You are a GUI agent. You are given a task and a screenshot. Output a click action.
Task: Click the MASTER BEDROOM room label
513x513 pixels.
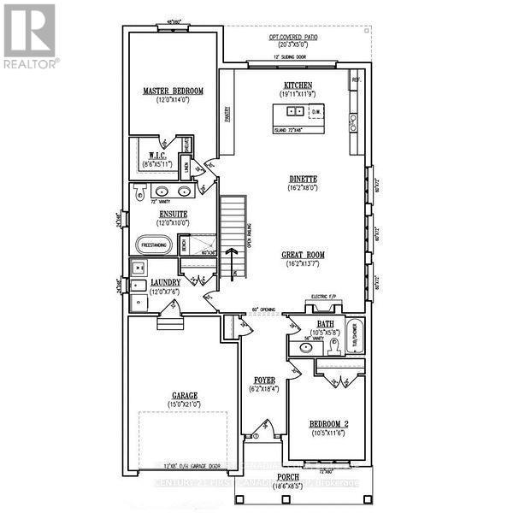[x=173, y=91]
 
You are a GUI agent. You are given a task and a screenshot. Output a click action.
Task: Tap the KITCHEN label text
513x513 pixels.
[x=298, y=85]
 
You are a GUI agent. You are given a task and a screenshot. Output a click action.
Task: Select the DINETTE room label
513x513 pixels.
[x=303, y=179]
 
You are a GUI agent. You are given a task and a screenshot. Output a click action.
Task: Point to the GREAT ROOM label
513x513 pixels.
[x=303, y=255]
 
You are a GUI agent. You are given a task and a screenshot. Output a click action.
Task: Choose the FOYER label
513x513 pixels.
[x=262, y=380]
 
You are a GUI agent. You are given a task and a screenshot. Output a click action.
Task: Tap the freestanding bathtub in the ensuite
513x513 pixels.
[x=153, y=245]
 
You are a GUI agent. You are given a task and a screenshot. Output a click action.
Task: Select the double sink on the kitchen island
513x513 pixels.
[x=293, y=111]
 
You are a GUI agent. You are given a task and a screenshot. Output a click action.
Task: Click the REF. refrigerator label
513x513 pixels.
[x=354, y=80]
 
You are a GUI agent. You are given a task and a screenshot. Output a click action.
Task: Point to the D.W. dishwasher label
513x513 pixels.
[x=315, y=111]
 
